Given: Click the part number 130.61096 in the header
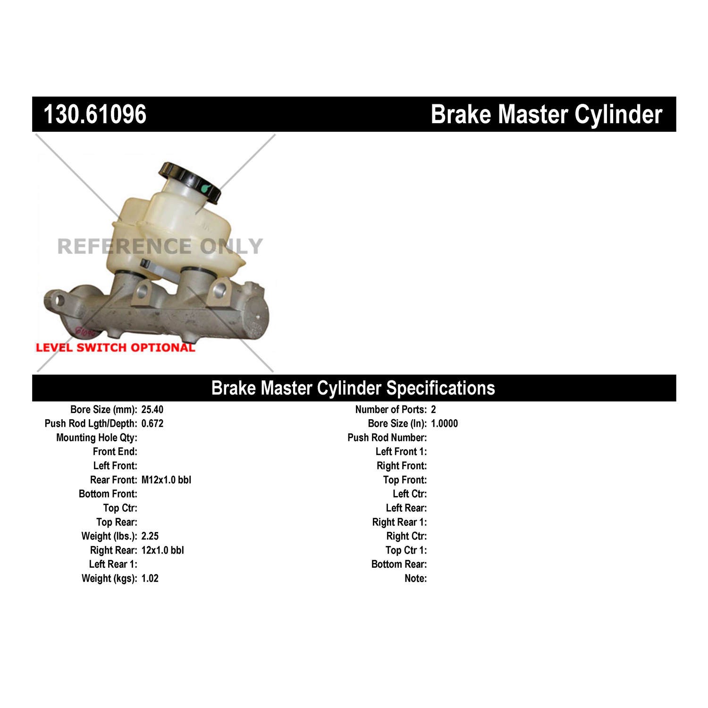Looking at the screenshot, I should [x=95, y=114].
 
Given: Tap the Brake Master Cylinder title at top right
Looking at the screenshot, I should [x=546, y=114].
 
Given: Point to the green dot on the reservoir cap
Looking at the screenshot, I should [x=204, y=189].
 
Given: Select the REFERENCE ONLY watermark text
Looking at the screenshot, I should [x=160, y=246].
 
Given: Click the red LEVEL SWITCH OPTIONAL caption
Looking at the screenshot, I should [x=115, y=348].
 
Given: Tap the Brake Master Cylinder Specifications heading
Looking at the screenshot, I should [x=353, y=388].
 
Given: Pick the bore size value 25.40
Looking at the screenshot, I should [x=152, y=410].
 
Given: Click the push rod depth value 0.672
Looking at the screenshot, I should [x=152, y=423].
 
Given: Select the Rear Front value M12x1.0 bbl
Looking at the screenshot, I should [x=166, y=480].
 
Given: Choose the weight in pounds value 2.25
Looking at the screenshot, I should [x=150, y=536].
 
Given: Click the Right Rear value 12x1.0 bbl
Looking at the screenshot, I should [x=162, y=550].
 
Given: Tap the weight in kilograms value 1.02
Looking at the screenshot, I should [x=150, y=579].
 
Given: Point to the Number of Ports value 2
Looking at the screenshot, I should [x=433, y=410].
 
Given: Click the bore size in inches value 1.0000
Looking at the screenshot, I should [x=444, y=423].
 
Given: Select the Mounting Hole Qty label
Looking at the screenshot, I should [x=97, y=438].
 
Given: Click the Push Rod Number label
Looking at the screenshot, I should [x=387, y=438].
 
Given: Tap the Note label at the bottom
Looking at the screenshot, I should [x=415, y=579].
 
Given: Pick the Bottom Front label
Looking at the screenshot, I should [x=108, y=494].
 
